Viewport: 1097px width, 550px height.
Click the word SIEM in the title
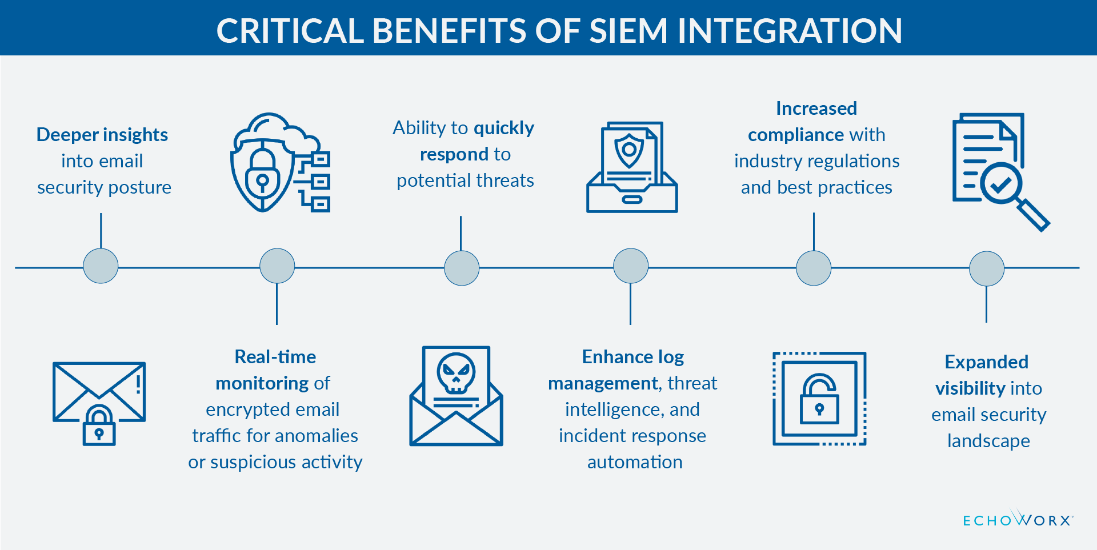(628, 31)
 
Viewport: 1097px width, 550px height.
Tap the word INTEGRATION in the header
(790, 31)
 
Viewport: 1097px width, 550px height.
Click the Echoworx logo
(1018, 519)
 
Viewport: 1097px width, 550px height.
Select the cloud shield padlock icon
(279, 163)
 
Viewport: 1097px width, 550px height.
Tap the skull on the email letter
(456, 373)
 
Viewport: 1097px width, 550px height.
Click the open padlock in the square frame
(819, 399)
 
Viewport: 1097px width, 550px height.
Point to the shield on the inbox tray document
(629, 150)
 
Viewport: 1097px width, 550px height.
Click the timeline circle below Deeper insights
(101, 266)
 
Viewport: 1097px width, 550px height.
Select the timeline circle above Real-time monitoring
(277, 266)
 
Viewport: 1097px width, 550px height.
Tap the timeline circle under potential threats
(462, 268)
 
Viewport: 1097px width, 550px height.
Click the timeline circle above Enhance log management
(631, 266)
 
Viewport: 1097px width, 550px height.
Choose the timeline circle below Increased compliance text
(814, 268)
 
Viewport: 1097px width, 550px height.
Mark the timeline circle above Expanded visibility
(987, 268)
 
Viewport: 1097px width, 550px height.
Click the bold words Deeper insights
(102, 135)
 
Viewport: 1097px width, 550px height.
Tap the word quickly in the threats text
(504, 128)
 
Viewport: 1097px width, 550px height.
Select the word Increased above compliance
(816, 109)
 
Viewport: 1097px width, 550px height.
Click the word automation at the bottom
(635, 462)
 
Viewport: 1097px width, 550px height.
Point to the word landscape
(988, 441)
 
